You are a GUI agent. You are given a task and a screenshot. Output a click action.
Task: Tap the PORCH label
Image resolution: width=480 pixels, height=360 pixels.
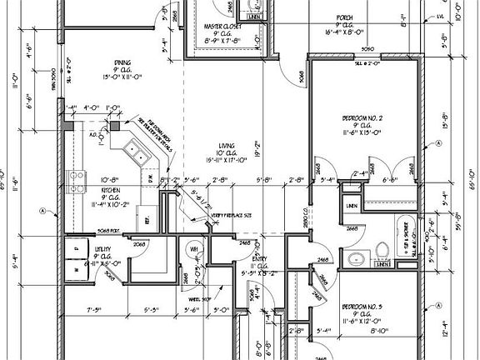[344, 16]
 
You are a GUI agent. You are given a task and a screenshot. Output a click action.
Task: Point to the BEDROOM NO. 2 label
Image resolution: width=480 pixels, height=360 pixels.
[362, 119]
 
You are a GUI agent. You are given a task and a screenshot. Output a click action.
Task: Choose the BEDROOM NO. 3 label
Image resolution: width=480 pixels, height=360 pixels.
[362, 307]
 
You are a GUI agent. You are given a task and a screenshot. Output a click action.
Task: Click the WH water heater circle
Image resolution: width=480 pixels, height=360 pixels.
[193, 249]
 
